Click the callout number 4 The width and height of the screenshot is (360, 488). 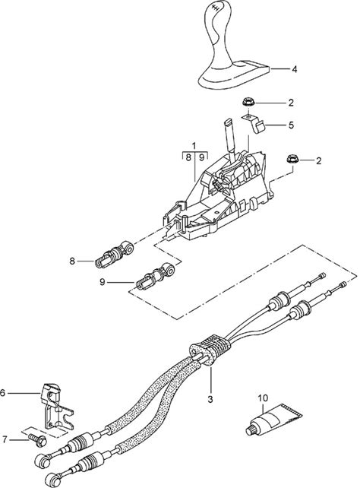click(294, 69)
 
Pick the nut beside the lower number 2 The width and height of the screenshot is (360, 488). click(292, 159)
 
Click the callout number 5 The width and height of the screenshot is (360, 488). click(291, 125)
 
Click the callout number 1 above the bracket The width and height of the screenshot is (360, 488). click(194, 145)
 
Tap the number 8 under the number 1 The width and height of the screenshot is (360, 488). click(188, 157)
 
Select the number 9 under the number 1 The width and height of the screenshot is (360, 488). click(201, 157)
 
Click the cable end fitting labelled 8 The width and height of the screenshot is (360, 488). click(114, 253)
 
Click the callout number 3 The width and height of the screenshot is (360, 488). click(210, 399)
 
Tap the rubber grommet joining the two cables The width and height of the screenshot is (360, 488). click(210, 350)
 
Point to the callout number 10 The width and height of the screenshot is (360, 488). click(263, 398)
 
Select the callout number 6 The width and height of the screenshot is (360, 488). click(2, 393)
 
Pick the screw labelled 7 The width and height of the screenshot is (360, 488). click(37, 439)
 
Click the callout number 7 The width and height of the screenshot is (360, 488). click(5, 439)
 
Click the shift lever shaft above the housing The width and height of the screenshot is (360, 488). click(230, 135)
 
